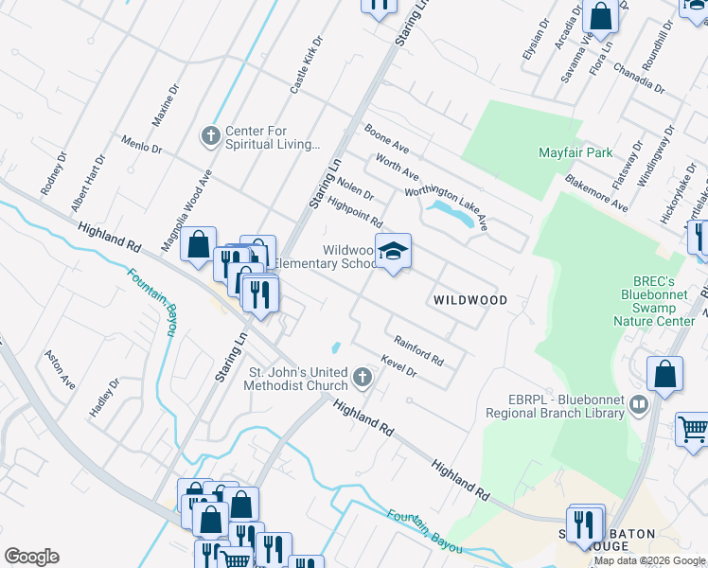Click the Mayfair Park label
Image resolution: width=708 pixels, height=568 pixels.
[575, 152]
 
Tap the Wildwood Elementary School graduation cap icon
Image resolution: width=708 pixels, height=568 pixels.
[393, 251]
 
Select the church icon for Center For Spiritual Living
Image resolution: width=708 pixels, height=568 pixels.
[211, 136]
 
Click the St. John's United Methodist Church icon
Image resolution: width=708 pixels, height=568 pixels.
[361, 379]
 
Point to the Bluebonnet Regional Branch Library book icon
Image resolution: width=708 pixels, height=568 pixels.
[639, 405]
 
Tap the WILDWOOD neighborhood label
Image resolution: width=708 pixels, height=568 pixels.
[469, 300]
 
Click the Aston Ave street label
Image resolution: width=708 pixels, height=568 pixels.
[60, 370]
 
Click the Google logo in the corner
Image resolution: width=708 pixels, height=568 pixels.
[31, 557]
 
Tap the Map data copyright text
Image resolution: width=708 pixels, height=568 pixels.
[649, 560]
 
